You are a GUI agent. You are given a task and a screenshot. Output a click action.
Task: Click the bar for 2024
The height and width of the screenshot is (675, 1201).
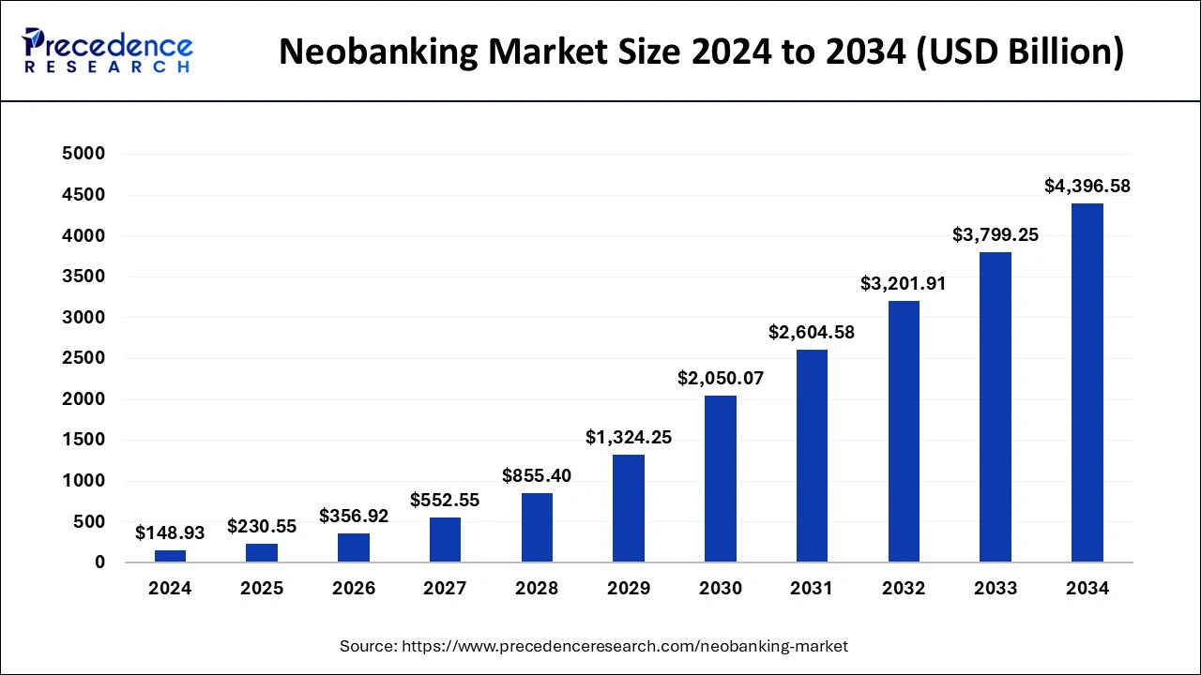point(170,556)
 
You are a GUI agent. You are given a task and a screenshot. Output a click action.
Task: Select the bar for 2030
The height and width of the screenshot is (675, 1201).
point(721,479)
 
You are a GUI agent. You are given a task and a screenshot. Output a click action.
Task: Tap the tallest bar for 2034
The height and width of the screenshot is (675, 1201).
point(1087,382)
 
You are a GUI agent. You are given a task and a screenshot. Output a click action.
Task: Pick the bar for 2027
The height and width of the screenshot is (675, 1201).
point(445,540)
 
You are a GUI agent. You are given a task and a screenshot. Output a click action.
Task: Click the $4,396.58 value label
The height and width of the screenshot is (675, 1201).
point(1087,187)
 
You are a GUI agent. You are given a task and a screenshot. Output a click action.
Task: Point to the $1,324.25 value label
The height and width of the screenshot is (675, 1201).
point(629,437)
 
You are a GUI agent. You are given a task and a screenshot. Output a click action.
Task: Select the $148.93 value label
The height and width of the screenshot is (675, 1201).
point(170,532)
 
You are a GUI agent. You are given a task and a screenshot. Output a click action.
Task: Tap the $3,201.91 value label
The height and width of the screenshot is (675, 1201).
point(904,283)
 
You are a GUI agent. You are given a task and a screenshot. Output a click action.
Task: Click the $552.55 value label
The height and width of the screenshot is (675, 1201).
point(445,500)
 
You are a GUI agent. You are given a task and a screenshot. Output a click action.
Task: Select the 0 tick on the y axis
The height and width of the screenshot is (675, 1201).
point(99,562)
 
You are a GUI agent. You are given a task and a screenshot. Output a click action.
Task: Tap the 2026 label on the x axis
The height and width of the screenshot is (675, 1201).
point(354,589)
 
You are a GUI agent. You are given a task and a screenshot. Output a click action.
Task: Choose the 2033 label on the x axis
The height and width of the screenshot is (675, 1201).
point(996,589)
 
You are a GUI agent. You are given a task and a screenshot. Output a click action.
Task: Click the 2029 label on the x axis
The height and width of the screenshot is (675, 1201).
point(629,589)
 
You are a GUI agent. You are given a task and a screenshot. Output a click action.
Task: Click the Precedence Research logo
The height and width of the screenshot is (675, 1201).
point(108,51)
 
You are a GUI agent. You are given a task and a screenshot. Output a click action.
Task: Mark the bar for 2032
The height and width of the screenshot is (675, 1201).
point(904,431)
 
